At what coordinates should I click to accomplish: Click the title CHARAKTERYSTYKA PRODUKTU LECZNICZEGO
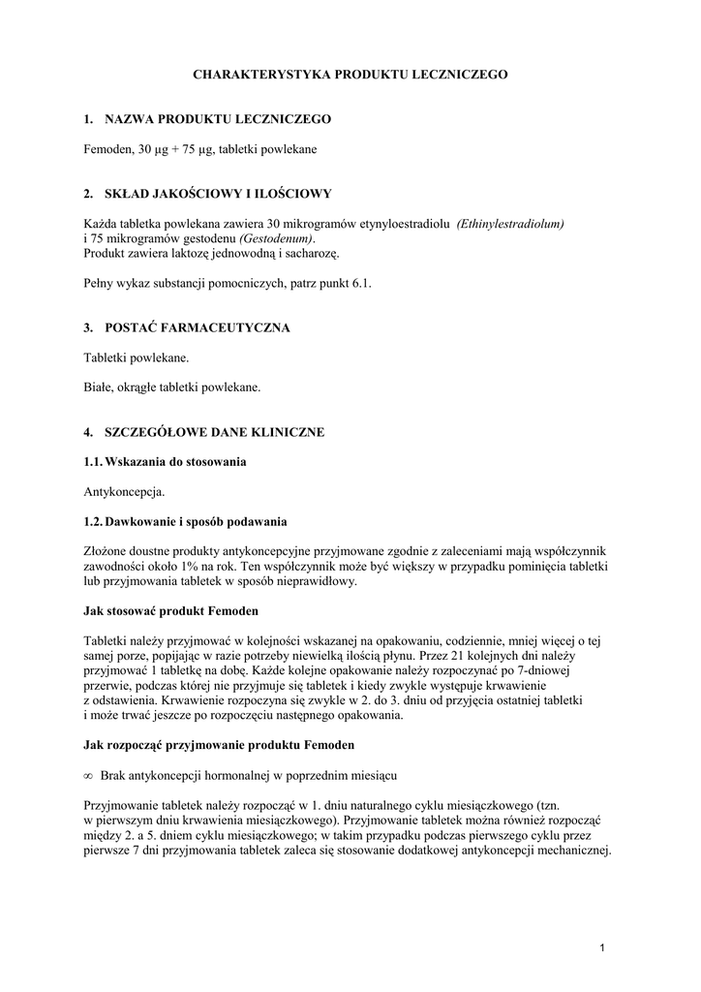pos(350,74)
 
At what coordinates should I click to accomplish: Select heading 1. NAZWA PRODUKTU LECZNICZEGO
pos(207,119)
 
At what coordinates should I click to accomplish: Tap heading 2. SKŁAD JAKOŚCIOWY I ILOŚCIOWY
pos(207,194)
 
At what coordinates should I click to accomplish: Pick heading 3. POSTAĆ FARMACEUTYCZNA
pos(187,328)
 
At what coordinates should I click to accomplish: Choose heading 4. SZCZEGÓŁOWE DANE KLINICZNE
pos(203,432)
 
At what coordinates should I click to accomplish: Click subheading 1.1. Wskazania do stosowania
pos(165,462)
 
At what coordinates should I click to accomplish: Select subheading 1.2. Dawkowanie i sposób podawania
pos(185,522)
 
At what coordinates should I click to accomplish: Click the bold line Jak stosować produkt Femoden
pos(171,611)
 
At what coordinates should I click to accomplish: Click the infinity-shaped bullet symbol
pos(88,776)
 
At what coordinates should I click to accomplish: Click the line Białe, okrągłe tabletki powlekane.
pos(172,387)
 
